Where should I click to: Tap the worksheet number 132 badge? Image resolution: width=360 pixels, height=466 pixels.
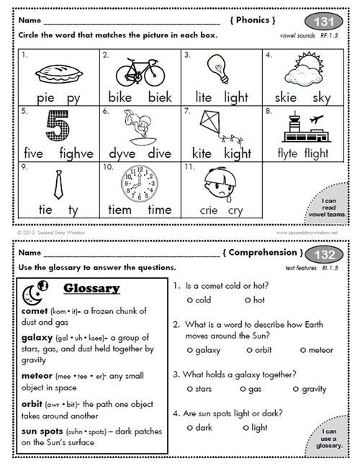point(326,254)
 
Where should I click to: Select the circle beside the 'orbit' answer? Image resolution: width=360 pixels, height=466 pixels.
point(249,350)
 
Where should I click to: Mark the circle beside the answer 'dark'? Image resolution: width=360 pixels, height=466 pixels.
point(189,428)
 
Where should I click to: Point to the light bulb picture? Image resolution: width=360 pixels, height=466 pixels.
point(215,71)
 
